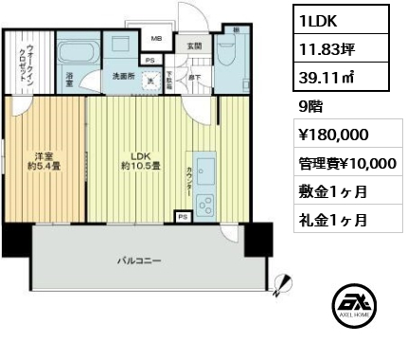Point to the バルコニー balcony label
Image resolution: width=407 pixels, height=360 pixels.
(x=138, y=259)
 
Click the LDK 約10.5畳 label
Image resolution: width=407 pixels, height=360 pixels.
(x=140, y=160)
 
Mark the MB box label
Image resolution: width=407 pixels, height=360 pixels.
(x=157, y=39)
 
